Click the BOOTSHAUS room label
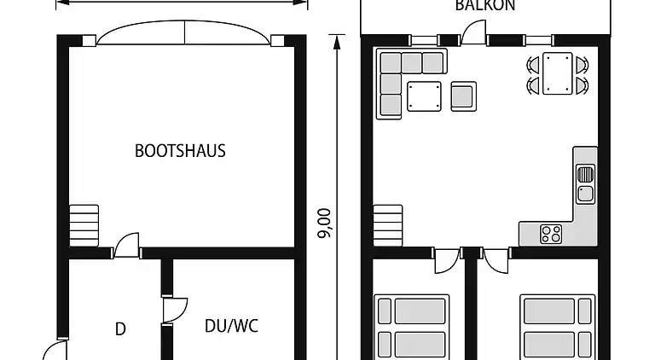(180, 151)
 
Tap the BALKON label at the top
(484, 5)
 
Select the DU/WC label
(231, 325)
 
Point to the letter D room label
(120, 328)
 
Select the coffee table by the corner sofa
(424, 96)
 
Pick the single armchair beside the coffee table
(462, 96)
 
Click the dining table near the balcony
(559, 73)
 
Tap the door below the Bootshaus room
(126, 246)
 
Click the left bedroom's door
(445, 261)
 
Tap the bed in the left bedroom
(412, 327)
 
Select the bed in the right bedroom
(558, 327)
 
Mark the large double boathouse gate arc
(185, 32)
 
